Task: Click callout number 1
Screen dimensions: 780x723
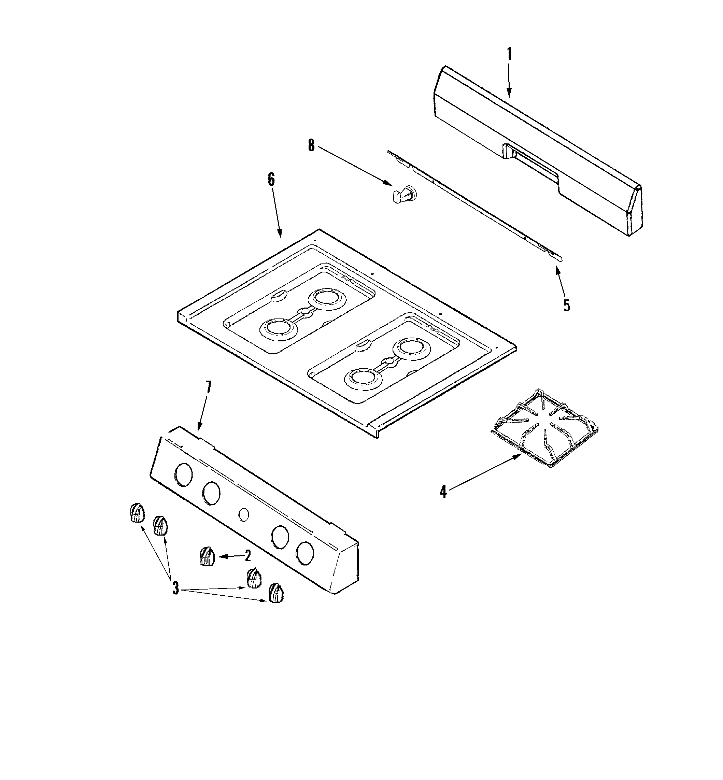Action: pyautogui.click(x=509, y=54)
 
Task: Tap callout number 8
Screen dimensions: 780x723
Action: pyautogui.click(x=311, y=145)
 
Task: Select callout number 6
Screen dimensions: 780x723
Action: pyautogui.click(x=271, y=180)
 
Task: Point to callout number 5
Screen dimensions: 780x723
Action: pyautogui.click(x=567, y=305)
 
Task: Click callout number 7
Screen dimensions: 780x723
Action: pyautogui.click(x=208, y=387)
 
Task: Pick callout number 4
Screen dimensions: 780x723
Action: pyautogui.click(x=443, y=491)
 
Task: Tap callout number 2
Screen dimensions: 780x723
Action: pyautogui.click(x=247, y=555)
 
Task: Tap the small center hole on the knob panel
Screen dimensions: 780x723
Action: pyautogui.click(x=243, y=514)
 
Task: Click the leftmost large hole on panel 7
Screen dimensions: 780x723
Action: pyautogui.click(x=184, y=475)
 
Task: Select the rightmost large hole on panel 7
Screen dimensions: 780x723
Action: pyautogui.click(x=305, y=553)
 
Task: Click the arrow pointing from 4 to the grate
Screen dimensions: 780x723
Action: pyautogui.click(x=485, y=473)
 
